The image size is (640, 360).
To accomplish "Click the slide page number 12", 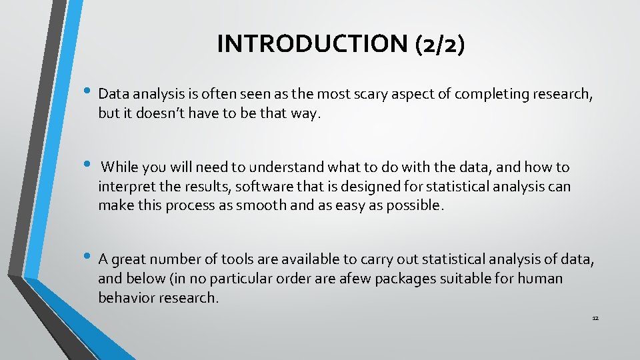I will (595, 318).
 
